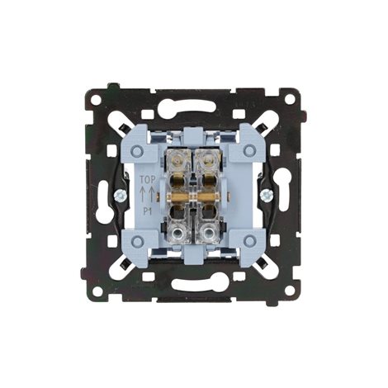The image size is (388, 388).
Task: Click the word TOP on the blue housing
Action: click(147, 179)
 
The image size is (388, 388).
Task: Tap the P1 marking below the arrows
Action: click(148, 211)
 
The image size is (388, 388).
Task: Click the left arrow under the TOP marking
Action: click(143, 195)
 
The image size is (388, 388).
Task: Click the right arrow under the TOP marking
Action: click(151, 195)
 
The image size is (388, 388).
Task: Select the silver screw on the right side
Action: click(267, 196)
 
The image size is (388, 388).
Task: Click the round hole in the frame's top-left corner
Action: click(96, 99)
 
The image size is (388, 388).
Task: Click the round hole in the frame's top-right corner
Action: click(289, 99)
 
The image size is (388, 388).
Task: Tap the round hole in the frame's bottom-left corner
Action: click(97, 291)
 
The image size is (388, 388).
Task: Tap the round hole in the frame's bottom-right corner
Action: click(289, 291)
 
